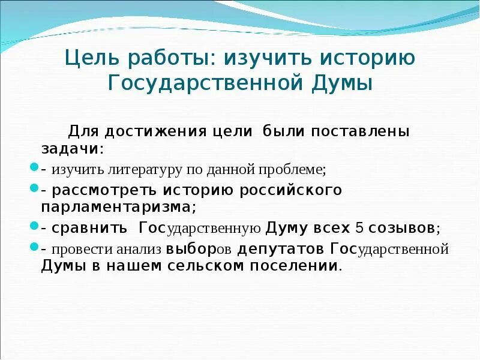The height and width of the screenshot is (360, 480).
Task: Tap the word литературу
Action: [145, 170]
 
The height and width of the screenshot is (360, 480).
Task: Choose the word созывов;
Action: [404, 228]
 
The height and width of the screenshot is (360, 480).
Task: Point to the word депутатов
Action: [281, 248]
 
